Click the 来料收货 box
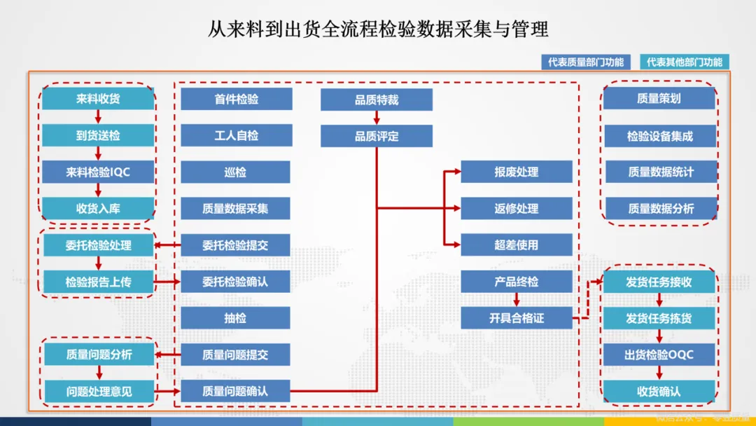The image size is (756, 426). tap(98, 99)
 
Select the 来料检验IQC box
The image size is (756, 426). tap(98, 172)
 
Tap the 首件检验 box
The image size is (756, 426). tap(236, 99)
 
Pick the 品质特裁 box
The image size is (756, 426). tap(376, 99)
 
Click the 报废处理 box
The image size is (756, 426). tap(516, 172)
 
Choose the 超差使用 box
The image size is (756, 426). tap(516, 245)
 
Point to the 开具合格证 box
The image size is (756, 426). tap(516, 318)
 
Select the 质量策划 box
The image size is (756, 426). tap(659, 99)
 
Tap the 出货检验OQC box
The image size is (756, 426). tap(659, 355)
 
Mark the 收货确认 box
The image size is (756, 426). tap(659, 391)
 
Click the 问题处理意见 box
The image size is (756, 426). tap(99, 391)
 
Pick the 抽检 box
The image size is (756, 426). tap(235, 318)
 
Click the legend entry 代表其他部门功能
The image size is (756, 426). tap(685, 62)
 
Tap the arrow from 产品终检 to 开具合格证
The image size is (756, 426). tap(517, 300)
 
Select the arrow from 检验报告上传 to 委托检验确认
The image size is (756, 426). tap(167, 282)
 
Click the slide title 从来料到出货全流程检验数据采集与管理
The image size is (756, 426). tap(378, 29)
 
